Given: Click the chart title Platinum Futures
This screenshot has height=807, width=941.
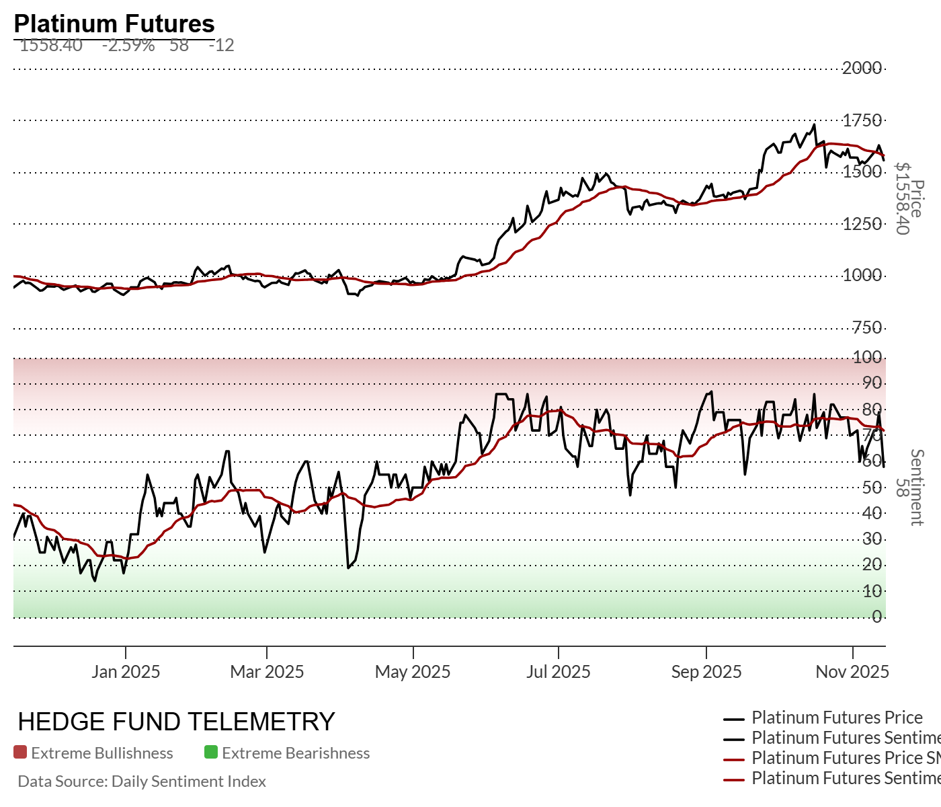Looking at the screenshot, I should pos(114,24).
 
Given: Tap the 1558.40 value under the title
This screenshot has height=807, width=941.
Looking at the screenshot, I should pos(51,46).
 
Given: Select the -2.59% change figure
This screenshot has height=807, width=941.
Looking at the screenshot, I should pos(128,46).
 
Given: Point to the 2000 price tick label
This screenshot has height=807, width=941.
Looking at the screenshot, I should pos(862,68).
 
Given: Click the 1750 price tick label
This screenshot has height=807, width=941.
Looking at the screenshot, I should pos(862,120).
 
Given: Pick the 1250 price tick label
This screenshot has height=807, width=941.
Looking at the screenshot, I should pos(862,224).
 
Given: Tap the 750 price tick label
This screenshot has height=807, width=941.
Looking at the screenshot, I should pos(866,328).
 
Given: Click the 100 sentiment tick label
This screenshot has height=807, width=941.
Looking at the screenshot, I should pos(867,357).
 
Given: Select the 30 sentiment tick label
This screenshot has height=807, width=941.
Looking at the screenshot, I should pos(872,539).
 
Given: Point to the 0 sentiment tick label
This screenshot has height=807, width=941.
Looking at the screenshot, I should pos(876,617).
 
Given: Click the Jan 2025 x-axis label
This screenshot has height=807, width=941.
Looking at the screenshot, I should pos(126,672).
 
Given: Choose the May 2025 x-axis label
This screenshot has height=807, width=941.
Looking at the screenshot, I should pos(413,672).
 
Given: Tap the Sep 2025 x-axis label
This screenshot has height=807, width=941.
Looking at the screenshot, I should pos(706,672).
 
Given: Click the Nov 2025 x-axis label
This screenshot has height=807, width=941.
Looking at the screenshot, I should pos(852,672).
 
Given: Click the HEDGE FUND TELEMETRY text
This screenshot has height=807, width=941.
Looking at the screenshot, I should pos(176,722).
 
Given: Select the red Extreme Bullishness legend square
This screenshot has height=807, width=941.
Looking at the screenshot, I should pos(20,753).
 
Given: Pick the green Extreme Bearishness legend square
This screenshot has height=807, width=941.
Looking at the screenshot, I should pos(211,753).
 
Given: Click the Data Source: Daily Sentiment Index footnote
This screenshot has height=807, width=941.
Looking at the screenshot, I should pos(142,781).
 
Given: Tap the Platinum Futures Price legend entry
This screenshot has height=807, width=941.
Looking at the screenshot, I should pos(837,718).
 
